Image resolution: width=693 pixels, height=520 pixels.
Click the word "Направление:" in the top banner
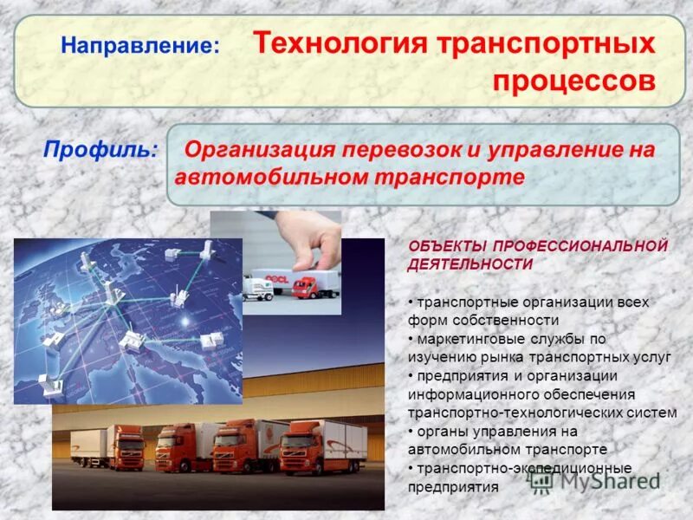[x=139, y=45]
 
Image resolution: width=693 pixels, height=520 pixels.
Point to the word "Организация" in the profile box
[x=260, y=149]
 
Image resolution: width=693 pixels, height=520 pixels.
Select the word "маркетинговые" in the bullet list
[x=467, y=338]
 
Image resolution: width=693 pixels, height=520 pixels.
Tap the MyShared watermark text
[x=606, y=482]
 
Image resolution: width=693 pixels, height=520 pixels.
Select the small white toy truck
[x=257, y=286]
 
